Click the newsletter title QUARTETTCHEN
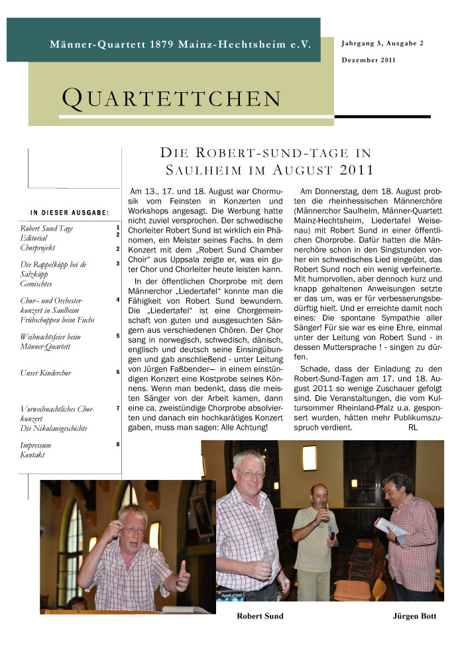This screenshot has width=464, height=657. coord(172,98)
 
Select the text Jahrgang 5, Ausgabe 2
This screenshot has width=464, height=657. coord(382,43)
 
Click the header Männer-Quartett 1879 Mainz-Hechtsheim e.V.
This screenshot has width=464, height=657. coord(181,44)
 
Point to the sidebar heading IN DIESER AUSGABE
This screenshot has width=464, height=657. coord(70,212)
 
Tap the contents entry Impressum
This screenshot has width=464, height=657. coord(36,446)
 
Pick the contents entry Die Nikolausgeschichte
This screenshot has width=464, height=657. coord(54,428)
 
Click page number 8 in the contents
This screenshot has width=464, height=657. coord(117,444)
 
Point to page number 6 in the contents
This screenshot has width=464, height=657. coord(117,372)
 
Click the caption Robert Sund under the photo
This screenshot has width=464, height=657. coord(260,616)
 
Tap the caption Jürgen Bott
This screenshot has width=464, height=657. coord(414,616)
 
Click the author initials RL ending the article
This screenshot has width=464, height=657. coord(413,428)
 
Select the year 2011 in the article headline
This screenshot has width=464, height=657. coord(357,169)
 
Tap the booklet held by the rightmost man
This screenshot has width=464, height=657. coord(391,529)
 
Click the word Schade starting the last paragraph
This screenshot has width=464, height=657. coord(315,369)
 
